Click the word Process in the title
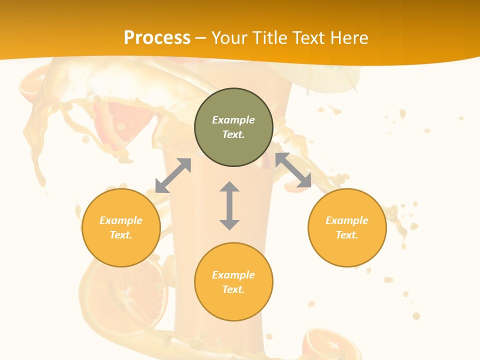coord(157,38)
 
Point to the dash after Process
coord(200,38)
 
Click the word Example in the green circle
coord(233,120)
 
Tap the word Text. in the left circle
coord(121,235)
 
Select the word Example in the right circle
coord(347,220)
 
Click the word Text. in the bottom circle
coord(233,289)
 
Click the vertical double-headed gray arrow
coord(229,205)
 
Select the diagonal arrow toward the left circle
coord(173,175)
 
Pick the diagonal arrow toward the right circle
coord(293,170)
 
